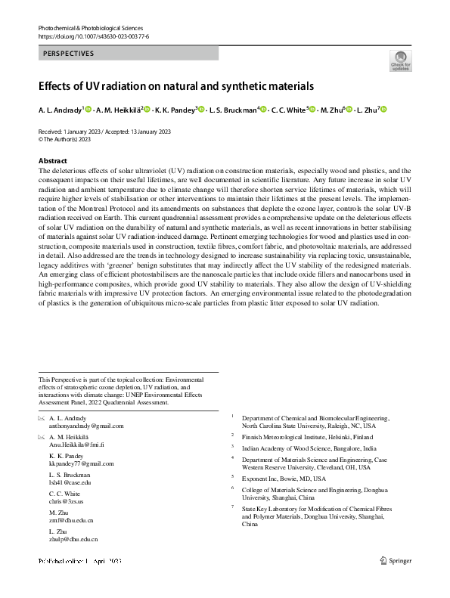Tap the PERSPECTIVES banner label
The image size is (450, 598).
(x=69, y=54)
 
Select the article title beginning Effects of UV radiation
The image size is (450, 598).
(x=175, y=86)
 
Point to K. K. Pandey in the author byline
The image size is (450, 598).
(x=174, y=110)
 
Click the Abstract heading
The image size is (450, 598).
(x=52, y=161)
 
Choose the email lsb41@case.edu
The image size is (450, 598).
(x=69, y=482)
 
